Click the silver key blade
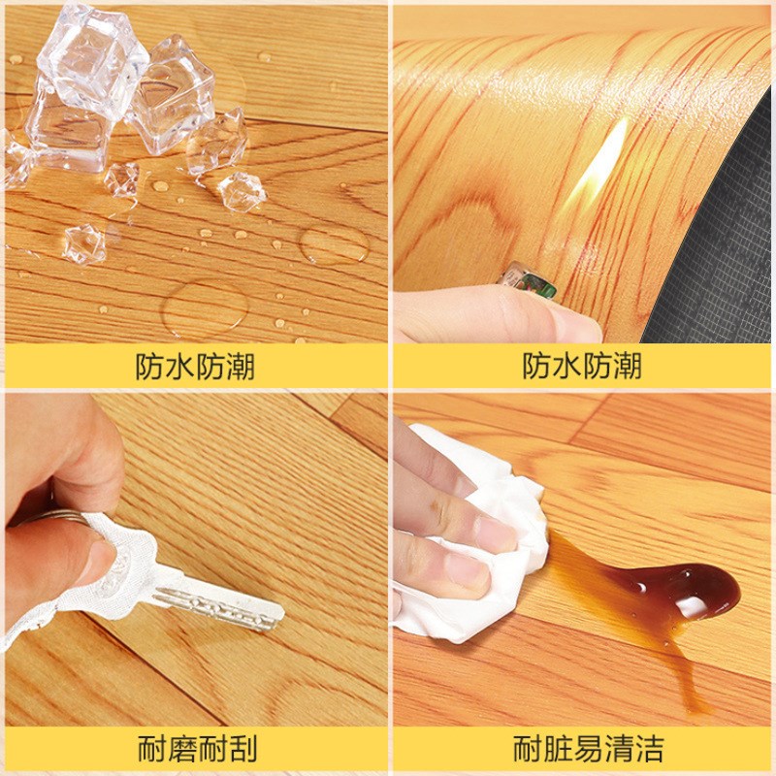point(217,606)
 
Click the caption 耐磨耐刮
point(197,749)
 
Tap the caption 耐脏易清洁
point(588,749)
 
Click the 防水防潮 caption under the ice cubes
point(195,367)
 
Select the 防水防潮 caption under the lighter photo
point(582,366)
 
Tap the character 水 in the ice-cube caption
point(179,367)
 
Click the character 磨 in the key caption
point(181,749)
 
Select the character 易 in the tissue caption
point(588,749)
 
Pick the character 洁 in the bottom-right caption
point(649,749)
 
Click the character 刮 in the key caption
point(243,749)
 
